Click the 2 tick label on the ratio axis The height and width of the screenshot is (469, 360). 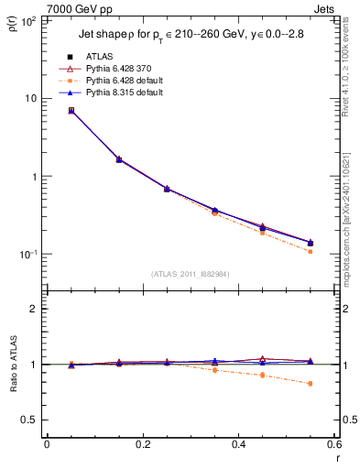34,309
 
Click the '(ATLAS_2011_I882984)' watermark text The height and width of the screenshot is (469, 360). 191,274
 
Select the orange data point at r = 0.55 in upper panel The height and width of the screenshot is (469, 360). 311,251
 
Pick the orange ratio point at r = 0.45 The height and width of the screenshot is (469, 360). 262,376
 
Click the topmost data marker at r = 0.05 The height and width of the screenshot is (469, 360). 71,110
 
